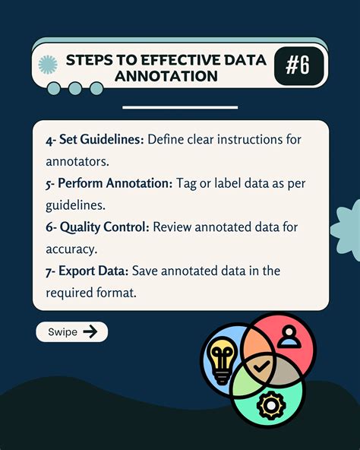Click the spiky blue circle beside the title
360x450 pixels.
pos(49,65)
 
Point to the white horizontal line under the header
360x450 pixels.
pos(180,107)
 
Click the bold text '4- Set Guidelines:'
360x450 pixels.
pos(93,140)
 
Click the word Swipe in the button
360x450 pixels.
pos(62,332)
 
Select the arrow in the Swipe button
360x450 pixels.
pos(90,331)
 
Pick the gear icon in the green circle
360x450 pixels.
pos(270,405)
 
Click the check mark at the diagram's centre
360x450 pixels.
pos(261,366)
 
